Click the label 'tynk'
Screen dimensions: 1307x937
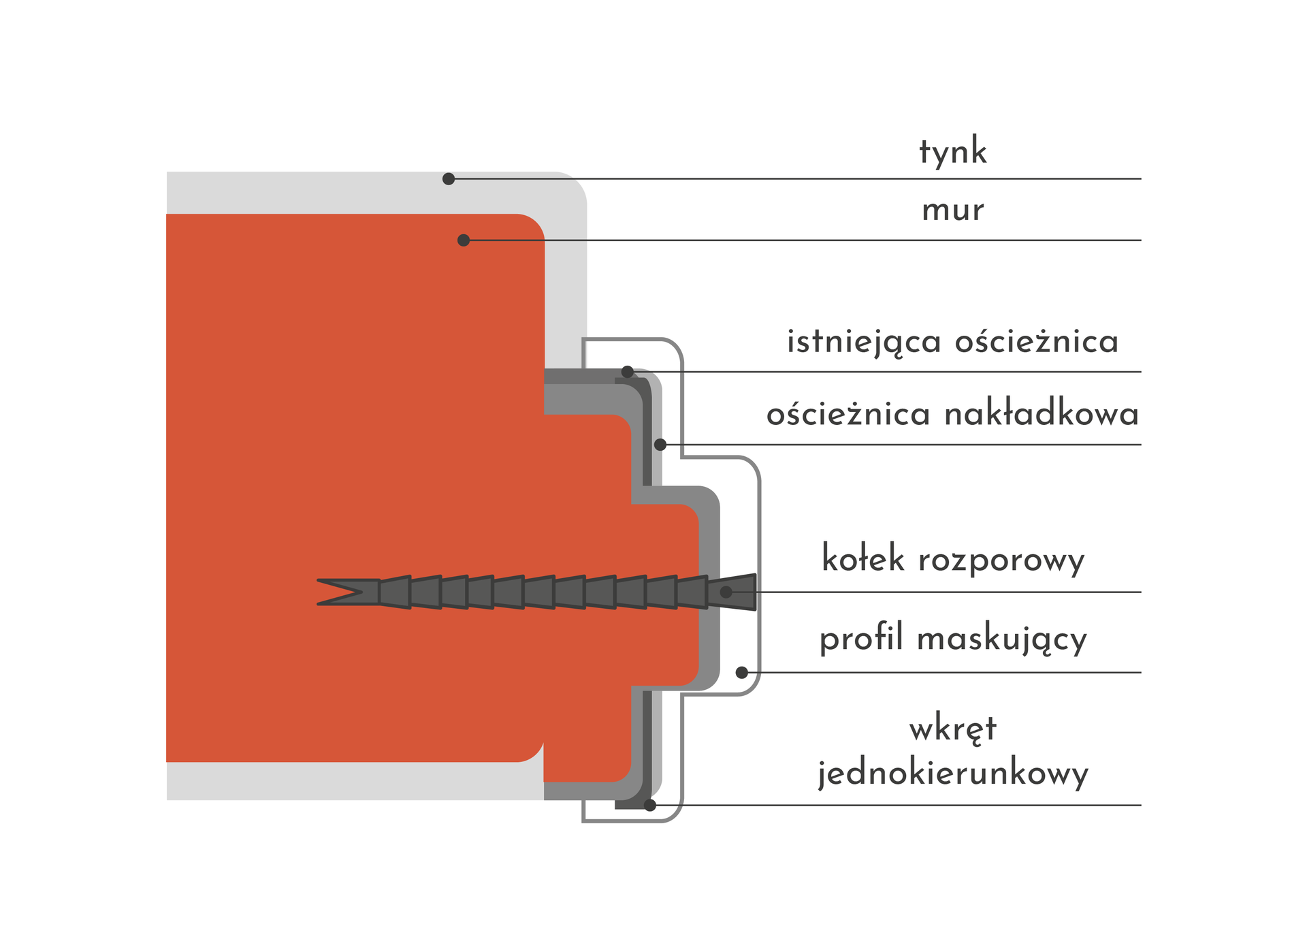pos(952,152)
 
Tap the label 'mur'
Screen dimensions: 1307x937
pos(952,210)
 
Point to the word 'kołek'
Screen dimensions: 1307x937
pos(863,558)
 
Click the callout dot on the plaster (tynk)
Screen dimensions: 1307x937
pos(449,179)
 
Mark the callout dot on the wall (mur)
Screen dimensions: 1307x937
pos(464,240)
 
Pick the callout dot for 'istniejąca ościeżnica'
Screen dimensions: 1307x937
pos(628,372)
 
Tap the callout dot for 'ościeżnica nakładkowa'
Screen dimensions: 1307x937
pos(660,445)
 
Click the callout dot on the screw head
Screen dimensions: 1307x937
pos(726,592)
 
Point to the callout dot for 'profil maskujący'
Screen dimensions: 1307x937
pos(742,673)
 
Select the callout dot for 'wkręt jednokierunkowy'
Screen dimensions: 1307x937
pos(650,806)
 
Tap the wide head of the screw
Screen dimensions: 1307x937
pos(732,592)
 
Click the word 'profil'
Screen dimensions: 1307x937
pos(861,639)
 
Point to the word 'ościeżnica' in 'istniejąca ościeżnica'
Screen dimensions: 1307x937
pos(1036,341)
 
